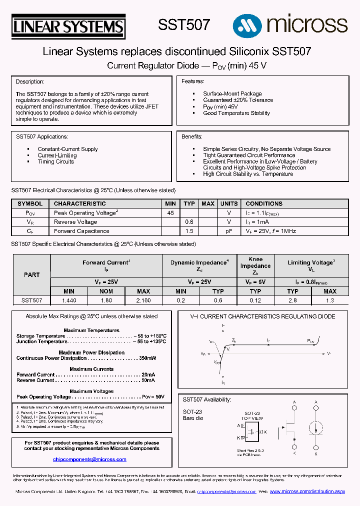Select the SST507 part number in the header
tap(184, 25)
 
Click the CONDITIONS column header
tap(264, 203)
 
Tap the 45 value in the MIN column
tap(170, 212)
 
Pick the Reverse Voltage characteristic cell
tap(75, 221)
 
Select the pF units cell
tap(228, 231)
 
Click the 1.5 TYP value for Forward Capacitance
tap(189, 231)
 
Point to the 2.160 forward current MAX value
tap(143, 300)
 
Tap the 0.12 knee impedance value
tap(255, 300)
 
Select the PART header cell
tap(31, 274)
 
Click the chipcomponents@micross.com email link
tap(89, 459)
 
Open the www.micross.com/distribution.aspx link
tap(307, 492)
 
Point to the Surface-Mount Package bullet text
tap(232, 93)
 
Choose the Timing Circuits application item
tap(55, 161)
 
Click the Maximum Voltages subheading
tap(91, 391)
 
